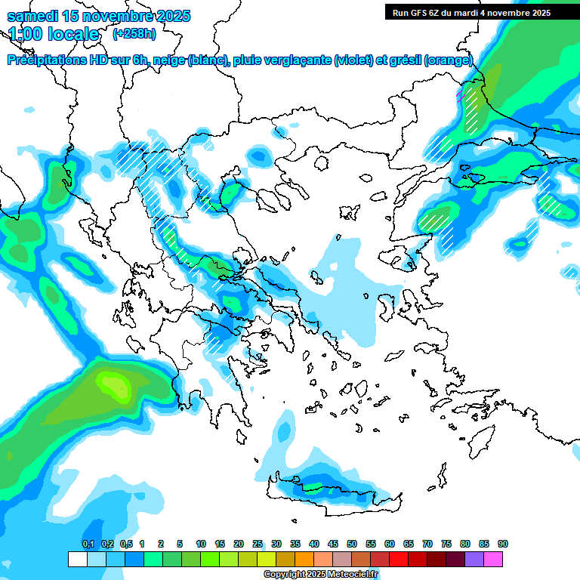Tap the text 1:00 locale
pyautogui.click(x=54, y=34)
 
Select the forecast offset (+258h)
pyautogui.click(x=134, y=34)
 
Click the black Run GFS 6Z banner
pyautogui.click(x=471, y=12)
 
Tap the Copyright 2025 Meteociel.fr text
pyautogui.click(x=320, y=575)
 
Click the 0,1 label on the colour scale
pyautogui.click(x=88, y=545)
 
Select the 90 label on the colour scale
pyautogui.click(x=503, y=545)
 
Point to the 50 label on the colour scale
pyautogui.click(x=352, y=545)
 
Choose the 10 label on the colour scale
pyautogui.click(x=201, y=545)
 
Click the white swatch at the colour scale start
pyautogui.click(x=77, y=559)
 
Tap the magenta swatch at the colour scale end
pyautogui.click(x=493, y=559)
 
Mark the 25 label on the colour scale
pyautogui.click(x=258, y=545)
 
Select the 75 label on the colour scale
pyautogui.click(x=446, y=545)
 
